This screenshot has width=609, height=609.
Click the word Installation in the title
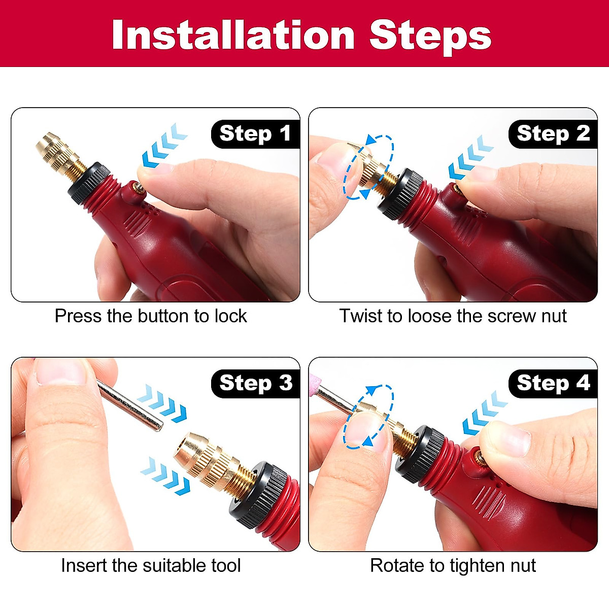[233, 36]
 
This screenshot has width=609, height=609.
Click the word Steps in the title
[430, 36]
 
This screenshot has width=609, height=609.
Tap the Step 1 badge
[255, 134]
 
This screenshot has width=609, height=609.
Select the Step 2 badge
[553, 134]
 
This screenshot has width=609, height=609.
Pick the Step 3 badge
[255, 383]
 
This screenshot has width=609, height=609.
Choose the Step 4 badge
[553, 383]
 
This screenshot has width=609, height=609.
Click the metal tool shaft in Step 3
[129, 406]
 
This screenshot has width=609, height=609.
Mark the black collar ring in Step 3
[256, 495]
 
